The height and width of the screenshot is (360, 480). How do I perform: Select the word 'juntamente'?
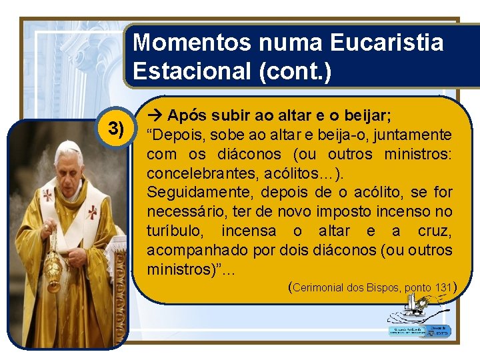[413, 135]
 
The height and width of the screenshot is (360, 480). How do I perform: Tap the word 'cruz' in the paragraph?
[434, 231]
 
